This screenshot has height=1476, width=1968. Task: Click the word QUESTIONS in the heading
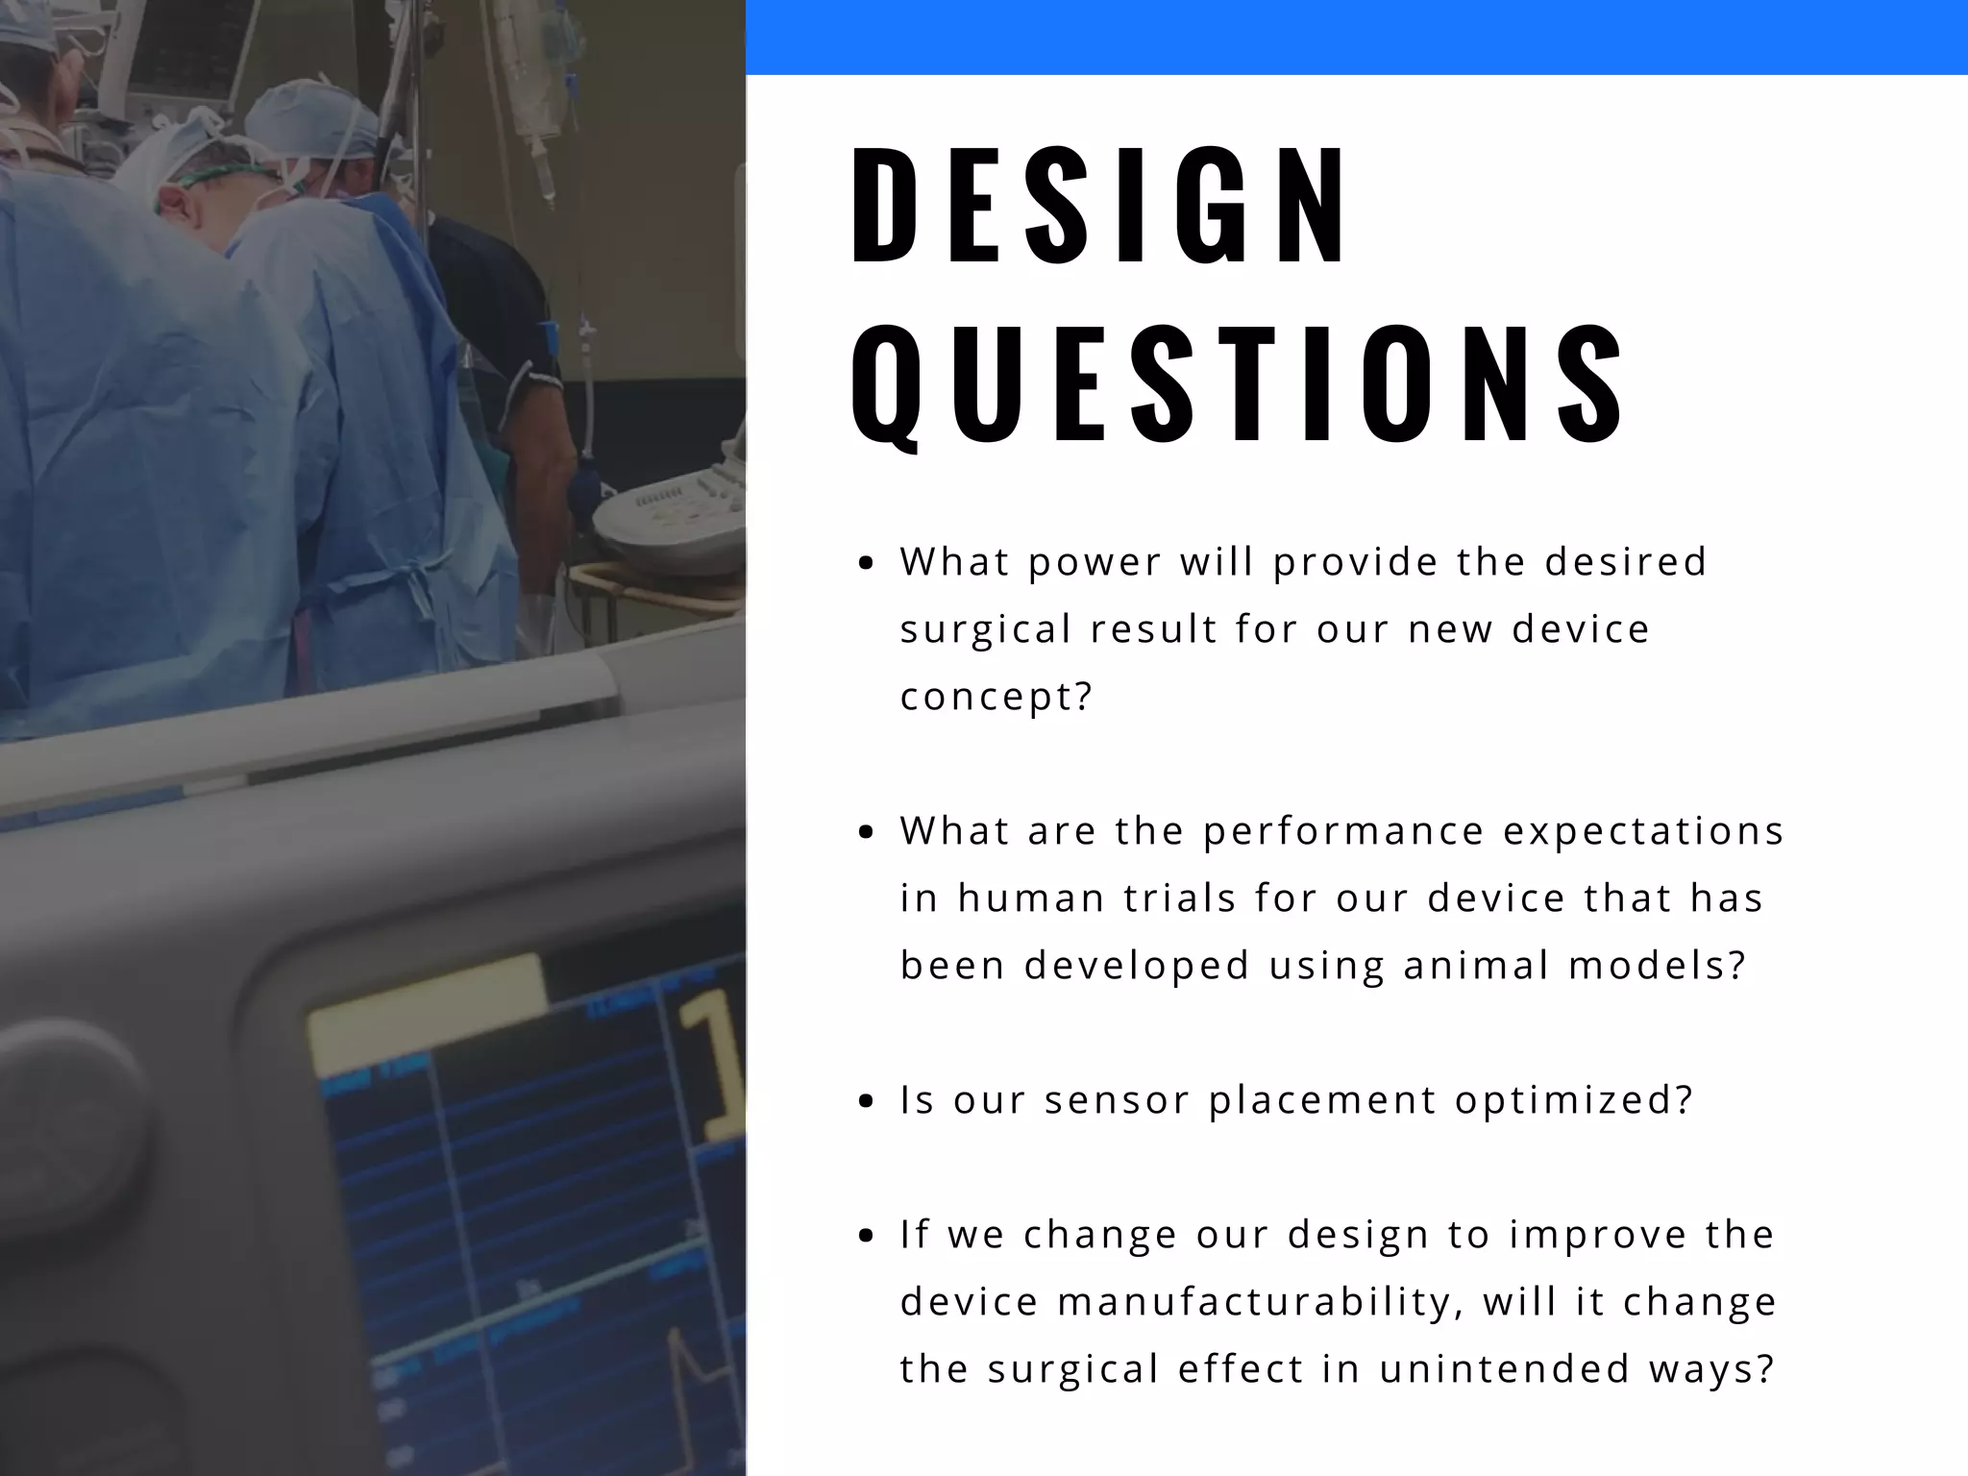click(x=1238, y=384)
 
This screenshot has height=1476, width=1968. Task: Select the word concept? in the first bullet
click(x=996, y=697)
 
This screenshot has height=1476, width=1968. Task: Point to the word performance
click(x=1343, y=831)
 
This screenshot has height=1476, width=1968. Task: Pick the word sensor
click(x=1117, y=1100)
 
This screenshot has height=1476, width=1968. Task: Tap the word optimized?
click(x=1573, y=1100)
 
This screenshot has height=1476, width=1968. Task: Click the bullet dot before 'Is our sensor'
click(x=867, y=1102)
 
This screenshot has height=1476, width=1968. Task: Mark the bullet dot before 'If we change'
click(x=867, y=1237)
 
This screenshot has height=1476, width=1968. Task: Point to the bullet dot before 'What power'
click(x=867, y=564)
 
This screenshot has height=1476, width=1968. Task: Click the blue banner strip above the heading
click(x=1355, y=37)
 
